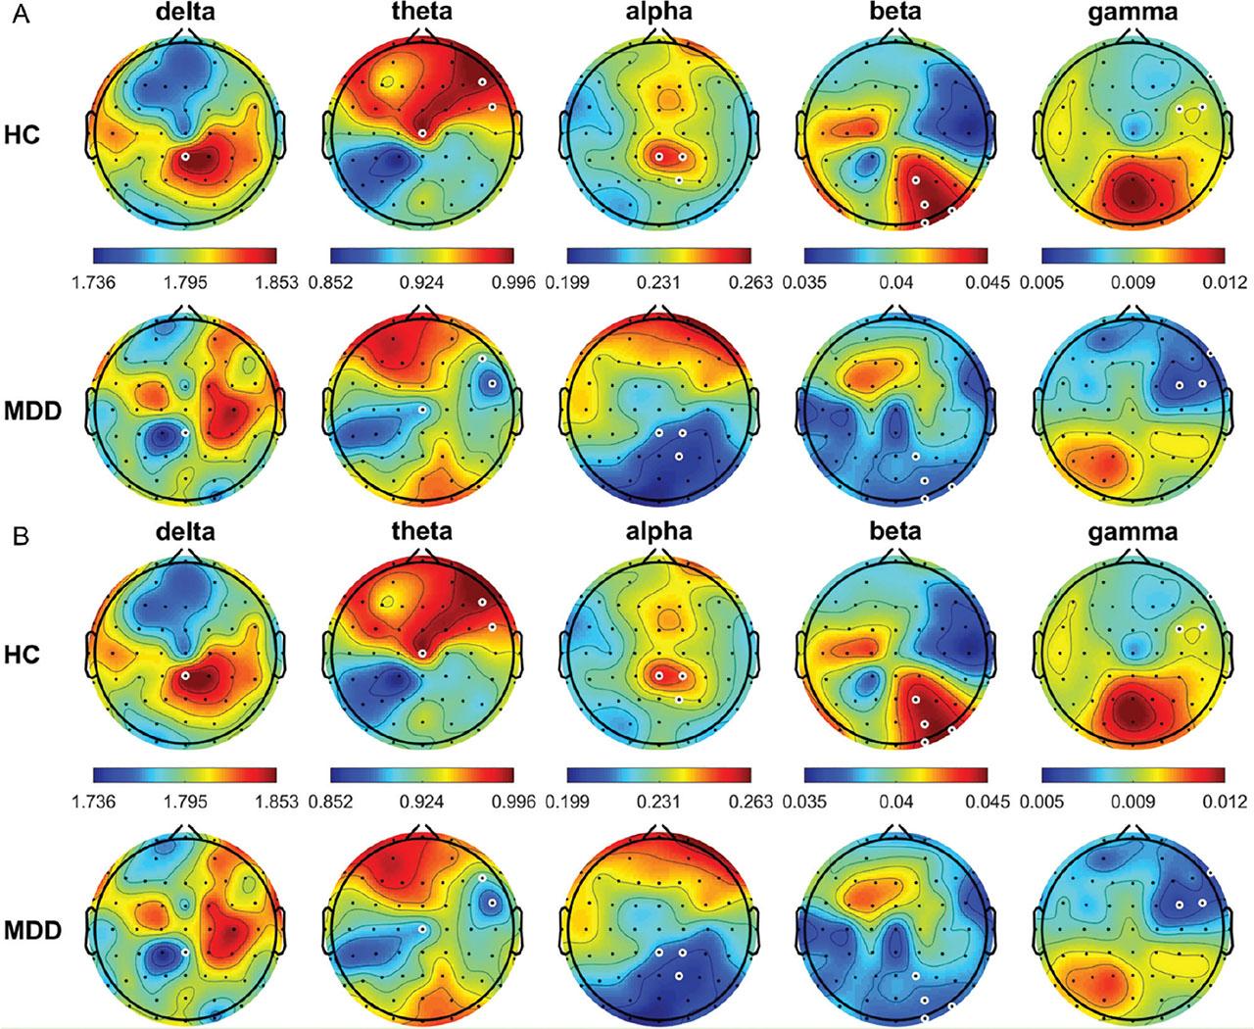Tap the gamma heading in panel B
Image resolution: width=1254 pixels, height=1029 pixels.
pos(1133,531)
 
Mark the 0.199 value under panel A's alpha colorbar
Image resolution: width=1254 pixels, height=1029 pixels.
pos(568,283)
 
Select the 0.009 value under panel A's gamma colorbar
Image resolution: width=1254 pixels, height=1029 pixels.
pos(1133,283)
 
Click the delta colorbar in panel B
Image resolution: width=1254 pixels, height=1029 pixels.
pos(185,774)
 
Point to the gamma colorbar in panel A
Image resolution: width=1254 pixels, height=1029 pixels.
pos(1133,257)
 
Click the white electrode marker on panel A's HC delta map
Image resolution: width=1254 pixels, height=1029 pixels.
pos(184,157)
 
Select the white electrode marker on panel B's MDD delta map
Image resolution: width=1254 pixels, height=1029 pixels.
pos(184,950)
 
